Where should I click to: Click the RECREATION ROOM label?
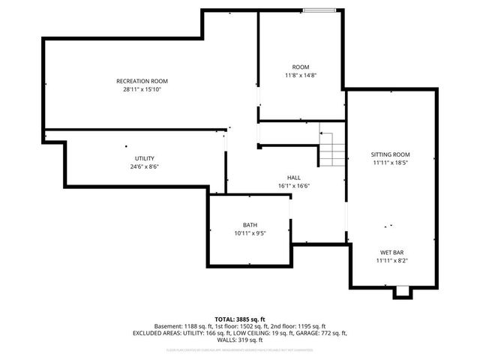tap(142, 81)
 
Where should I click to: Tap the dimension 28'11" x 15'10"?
tap(142, 89)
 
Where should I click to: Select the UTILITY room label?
tap(145, 158)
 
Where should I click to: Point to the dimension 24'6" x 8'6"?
tap(145, 166)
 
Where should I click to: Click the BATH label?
tap(250, 225)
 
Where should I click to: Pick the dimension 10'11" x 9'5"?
tap(250, 233)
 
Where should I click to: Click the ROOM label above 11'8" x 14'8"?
tap(301, 67)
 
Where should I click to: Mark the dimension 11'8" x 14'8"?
tap(301, 76)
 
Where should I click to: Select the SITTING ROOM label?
tap(391, 154)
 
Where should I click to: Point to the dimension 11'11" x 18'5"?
tap(391, 163)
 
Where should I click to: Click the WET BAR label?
tap(391, 253)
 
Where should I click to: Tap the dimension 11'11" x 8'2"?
tap(391, 261)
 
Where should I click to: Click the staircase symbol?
tap(332, 147)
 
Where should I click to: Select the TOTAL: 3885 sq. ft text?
tap(240, 319)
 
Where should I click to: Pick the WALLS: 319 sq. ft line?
tap(240, 340)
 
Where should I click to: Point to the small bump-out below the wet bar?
tap(403, 292)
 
